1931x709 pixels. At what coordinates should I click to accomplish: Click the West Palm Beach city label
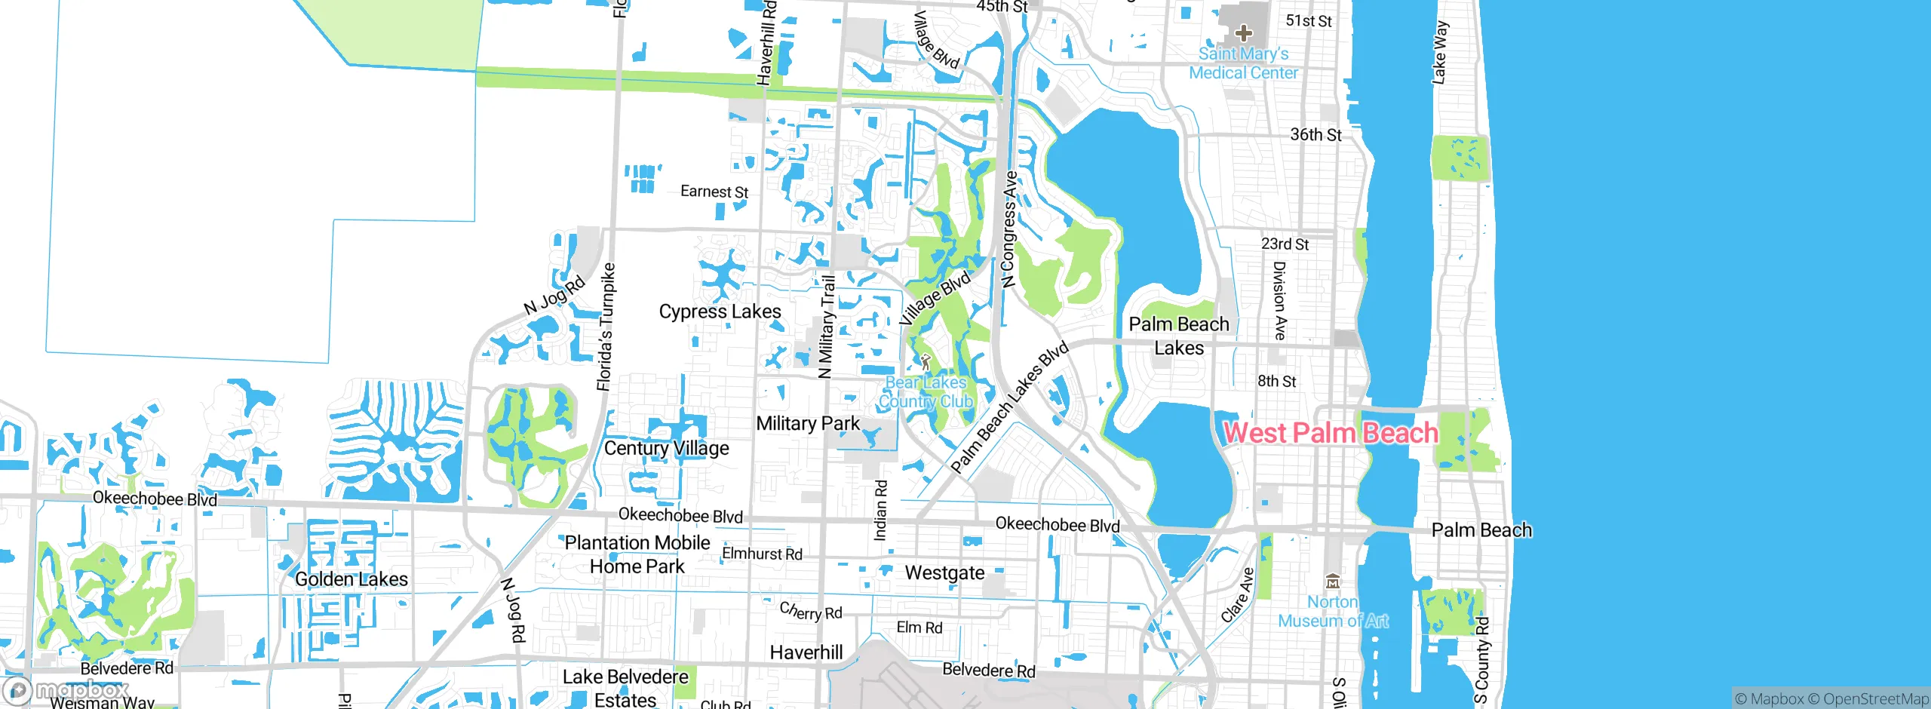[1331, 433]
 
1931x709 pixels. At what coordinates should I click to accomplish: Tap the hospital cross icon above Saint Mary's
[1244, 33]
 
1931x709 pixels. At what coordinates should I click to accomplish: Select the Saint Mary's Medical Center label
[1244, 63]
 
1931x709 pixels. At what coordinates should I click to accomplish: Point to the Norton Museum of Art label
[1333, 612]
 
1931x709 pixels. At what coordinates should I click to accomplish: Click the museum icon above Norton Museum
[1333, 582]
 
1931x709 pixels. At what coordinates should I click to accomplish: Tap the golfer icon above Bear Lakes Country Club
[926, 362]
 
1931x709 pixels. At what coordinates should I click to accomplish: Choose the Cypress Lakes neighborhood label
[720, 312]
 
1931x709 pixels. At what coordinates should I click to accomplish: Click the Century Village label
[667, 448]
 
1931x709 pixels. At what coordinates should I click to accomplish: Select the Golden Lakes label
[352, 579]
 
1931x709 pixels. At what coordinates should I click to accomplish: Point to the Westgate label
[944, 573]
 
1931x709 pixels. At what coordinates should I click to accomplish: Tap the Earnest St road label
[714, 192]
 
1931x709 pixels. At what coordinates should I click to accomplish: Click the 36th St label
[1315, 135]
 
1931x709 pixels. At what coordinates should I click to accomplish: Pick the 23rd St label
[1285, 244]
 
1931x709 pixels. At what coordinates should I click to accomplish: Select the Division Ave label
[1279, 300]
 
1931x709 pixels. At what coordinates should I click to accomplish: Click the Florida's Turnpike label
[606, 327]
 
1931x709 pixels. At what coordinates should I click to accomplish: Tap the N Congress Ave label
[1009, 229]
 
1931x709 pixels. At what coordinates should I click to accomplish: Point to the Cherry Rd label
[811, 611]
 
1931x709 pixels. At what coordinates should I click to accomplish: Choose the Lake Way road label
[1440, 53]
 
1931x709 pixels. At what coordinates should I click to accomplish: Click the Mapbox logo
[66, 690]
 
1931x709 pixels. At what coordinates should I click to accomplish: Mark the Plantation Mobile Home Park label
[637, 554]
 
